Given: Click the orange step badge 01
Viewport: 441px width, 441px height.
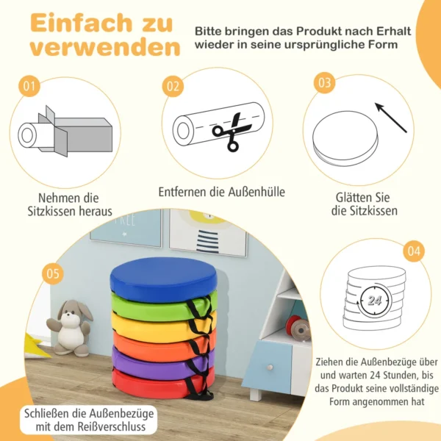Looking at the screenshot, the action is pos(29,86).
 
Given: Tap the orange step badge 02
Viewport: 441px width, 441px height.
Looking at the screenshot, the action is pos(173,86).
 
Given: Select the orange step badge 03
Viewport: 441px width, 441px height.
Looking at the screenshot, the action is pos(325,82).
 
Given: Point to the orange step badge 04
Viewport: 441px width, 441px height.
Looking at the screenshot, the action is pos(414,251).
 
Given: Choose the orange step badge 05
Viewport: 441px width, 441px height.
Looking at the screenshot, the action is pos(53,273).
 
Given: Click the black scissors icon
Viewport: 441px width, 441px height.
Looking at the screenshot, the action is pos(231,132).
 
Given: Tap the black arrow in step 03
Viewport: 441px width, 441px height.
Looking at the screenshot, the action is pos(391,118).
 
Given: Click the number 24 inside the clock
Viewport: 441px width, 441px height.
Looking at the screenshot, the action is pos(374,301).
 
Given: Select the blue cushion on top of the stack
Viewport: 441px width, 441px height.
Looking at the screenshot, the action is pos(163,279).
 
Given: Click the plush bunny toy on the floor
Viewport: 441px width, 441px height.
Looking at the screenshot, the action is pos(71,328).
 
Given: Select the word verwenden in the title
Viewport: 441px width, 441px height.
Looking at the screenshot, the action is pos(105,47).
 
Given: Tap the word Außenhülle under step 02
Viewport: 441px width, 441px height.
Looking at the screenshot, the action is pos(257,192).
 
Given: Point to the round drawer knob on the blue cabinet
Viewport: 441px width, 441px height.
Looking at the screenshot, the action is pos(270,367).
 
